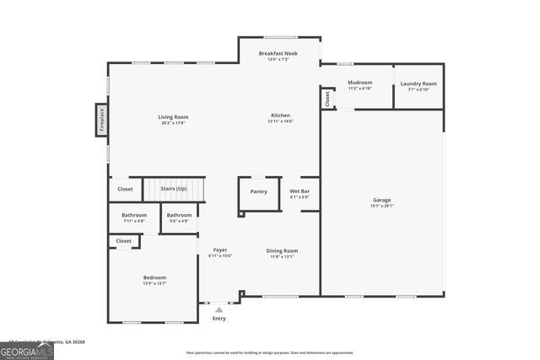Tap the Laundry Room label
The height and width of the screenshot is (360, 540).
click(x=418, y=83)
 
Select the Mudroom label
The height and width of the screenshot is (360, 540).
click(x=359, y=83)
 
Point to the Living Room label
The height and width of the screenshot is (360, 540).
click(x=173, y=116)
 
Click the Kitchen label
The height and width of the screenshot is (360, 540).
click(x=280, y=116)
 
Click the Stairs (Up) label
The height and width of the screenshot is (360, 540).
click(x=173, y=189)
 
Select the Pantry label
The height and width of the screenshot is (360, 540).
click(x=258, y=191)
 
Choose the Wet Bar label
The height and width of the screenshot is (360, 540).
click(x=300, y=191)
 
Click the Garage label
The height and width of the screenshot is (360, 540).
click(x=382, y=200)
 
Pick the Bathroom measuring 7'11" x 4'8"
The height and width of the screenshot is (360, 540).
click(x=133, y=216)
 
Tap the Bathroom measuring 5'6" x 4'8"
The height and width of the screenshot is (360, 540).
click(x=179, y=216)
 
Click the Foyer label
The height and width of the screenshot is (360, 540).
click(x=219, y=250)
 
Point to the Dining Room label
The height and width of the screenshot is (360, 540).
click(x=282, y=250)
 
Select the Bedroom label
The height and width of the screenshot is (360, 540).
click(x=154, y=277)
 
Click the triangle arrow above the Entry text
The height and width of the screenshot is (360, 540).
click(x=219, y=310)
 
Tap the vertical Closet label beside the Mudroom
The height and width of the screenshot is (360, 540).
click(x=327, y=98)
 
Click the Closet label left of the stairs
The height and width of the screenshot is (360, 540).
click(x=125, y=189)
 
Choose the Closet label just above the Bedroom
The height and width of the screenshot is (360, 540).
click(x=123, y=241)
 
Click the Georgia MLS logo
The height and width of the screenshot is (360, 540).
click(x=27, y=349)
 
